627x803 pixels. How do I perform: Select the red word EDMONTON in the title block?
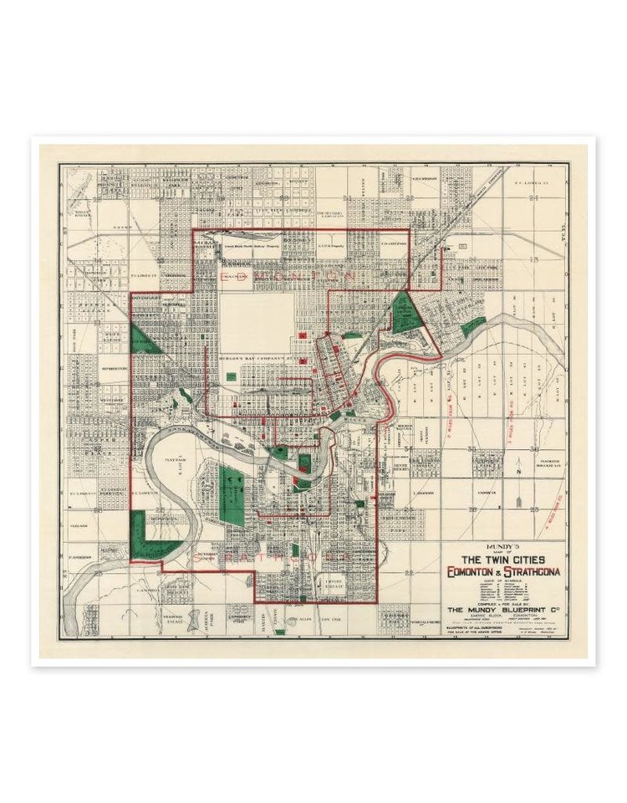coord(470,571)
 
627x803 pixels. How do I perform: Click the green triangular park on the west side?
coord(145,341)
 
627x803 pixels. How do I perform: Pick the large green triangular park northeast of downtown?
coord(408,314)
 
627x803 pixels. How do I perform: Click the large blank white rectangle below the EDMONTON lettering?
coord(257,322)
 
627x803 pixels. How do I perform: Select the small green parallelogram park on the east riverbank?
coord(473,326)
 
